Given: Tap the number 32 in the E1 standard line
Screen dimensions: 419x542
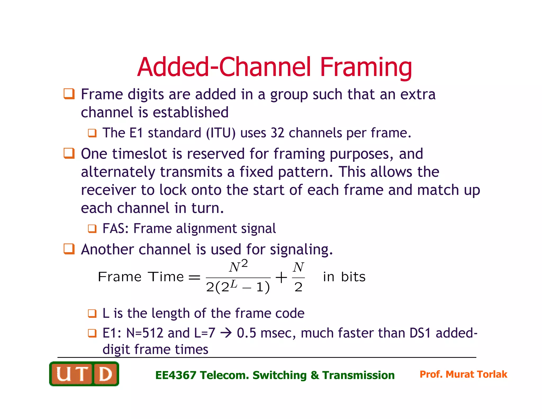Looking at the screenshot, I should (277, 133).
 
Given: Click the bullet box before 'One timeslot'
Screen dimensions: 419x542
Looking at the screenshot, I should (69, 153).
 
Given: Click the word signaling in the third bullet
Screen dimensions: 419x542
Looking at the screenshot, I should (301, 249).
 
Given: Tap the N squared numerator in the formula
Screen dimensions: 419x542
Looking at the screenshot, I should (238, 266).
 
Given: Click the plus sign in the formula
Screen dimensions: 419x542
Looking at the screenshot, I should (281, 278).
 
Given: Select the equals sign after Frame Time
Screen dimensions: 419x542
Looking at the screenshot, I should (194, 278).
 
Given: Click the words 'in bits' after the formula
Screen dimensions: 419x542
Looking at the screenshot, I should (344, 277).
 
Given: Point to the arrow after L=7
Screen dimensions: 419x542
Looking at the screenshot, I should (226, 333).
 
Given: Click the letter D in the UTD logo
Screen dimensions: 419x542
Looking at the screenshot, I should (105, 374).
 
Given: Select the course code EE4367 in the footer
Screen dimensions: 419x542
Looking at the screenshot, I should (175, 375).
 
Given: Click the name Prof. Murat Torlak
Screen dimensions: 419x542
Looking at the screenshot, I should (463, 374).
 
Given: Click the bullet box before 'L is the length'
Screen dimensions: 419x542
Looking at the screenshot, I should (92, 313).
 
